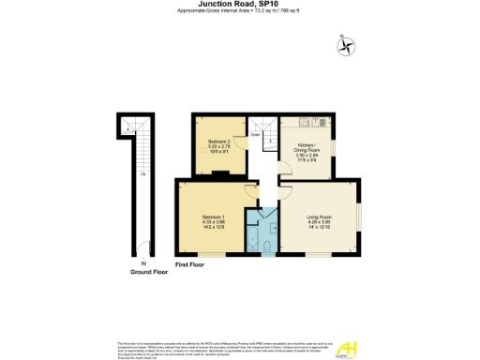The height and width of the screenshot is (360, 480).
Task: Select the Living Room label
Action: pos(320,217)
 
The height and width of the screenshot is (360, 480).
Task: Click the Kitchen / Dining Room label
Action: pos(308,150)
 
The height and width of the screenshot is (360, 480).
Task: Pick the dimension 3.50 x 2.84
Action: pos(308,156)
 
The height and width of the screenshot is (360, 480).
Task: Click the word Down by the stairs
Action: pos(254,135)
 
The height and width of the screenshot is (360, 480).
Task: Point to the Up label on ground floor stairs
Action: pos(142,174)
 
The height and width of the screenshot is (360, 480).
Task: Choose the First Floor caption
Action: pos(190,265)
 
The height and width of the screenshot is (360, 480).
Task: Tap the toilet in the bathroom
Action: pos(267,247)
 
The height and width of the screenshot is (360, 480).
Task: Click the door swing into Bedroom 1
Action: pos(250,191)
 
